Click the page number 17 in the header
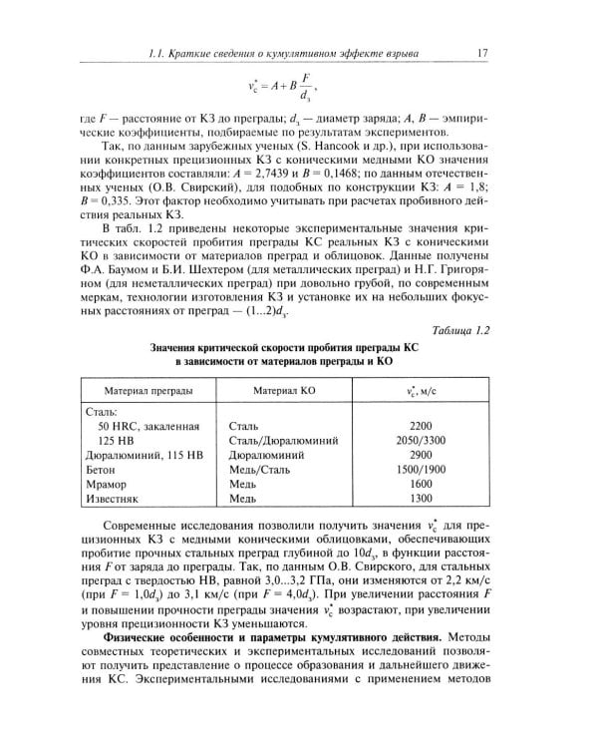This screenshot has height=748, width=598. point(482,52)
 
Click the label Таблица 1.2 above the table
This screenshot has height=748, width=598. point(453,330)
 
